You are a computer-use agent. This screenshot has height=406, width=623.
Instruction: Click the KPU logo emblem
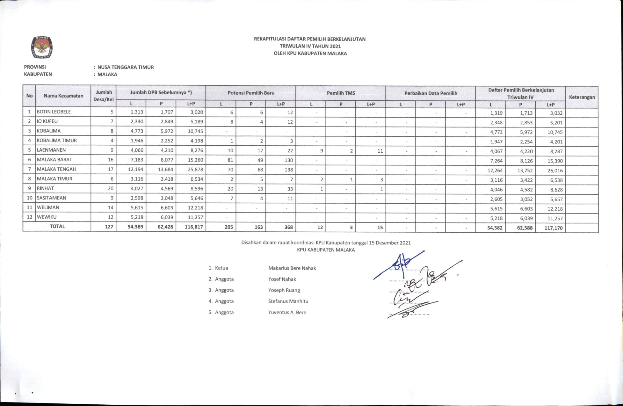42,47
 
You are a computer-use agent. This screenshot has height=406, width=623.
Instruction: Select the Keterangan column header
582,97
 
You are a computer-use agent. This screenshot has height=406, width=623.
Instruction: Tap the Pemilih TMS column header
341,93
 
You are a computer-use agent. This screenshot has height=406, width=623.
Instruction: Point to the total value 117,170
553,228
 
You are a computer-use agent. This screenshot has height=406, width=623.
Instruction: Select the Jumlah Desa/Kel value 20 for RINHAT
110,188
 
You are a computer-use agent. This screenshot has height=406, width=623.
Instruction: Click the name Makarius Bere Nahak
292,268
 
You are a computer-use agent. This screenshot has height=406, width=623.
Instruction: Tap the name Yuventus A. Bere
287,313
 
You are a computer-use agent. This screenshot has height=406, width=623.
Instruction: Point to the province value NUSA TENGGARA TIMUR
126,67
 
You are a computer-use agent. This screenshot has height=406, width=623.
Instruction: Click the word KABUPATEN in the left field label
38,74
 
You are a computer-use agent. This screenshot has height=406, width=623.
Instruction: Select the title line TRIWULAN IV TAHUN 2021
310,46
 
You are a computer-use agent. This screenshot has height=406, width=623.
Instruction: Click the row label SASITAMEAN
51,198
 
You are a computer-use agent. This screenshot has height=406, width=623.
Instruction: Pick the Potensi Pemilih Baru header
251,93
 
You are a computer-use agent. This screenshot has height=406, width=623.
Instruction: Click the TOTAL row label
57,226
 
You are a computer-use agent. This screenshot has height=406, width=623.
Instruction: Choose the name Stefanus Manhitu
288,301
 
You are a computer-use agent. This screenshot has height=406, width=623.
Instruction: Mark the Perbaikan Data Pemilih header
431,93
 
